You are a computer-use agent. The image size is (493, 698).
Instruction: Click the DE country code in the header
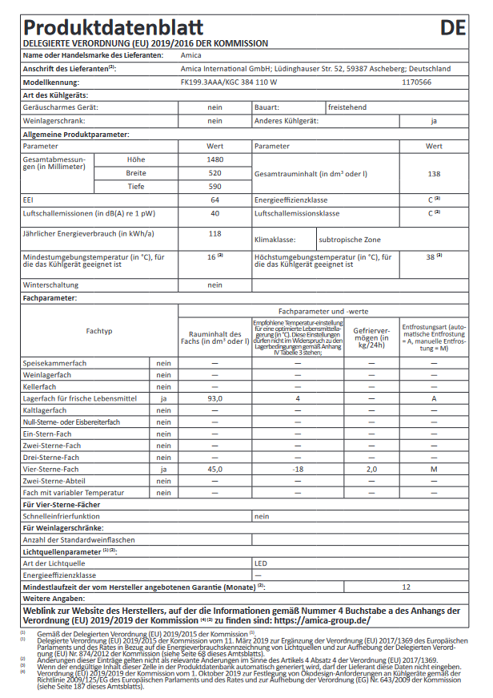point(454,28)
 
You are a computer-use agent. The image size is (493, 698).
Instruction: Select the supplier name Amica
point(191,55)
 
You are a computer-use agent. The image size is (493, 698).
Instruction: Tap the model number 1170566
point(415,82)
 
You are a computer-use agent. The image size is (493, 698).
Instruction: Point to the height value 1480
point(214,159)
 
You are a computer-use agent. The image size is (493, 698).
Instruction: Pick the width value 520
point(214,173)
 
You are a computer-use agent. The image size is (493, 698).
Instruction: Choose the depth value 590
point(214,187)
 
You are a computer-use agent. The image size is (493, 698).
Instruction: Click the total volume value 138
point(434,173)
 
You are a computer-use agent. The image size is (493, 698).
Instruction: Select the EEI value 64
point(214,200)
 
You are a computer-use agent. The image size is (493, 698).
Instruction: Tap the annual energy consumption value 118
point(214,234)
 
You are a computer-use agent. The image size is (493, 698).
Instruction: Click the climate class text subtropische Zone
point(350,240)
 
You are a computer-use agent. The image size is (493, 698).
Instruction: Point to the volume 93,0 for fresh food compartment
point(214,398)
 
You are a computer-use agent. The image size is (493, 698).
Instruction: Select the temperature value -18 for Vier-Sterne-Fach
point(297,469)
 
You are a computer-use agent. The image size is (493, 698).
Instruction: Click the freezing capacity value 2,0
point(371,469)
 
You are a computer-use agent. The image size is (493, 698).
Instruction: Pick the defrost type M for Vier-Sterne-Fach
point(434,469)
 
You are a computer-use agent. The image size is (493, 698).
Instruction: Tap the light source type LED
point(261,563)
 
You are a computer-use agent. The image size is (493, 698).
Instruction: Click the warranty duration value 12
point(406,587)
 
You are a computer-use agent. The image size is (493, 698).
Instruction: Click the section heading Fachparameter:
point(50,298)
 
